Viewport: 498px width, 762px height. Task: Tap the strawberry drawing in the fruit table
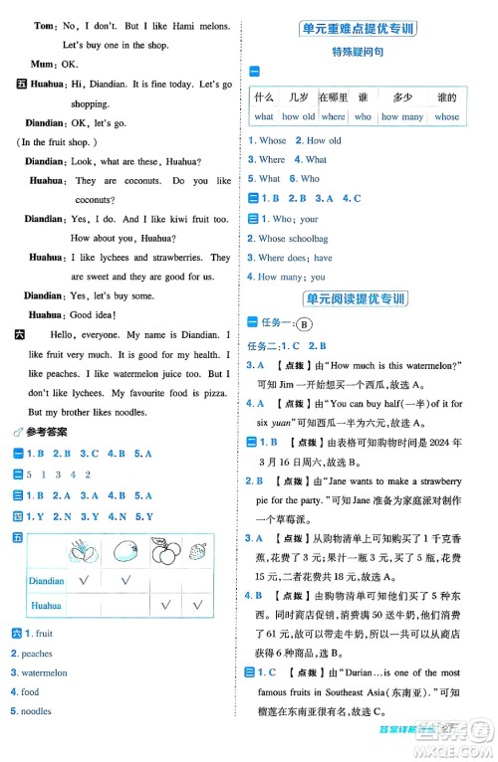tap(199, 550)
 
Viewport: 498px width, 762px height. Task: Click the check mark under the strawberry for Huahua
tap(199, 605)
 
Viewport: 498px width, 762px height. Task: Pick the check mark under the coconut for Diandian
tap(84, 581)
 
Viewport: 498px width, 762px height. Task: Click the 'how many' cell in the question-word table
tap(402, 116)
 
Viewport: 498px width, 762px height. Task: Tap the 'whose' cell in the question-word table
tap(447, 116)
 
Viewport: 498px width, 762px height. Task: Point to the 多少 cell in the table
tap(402, 97)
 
